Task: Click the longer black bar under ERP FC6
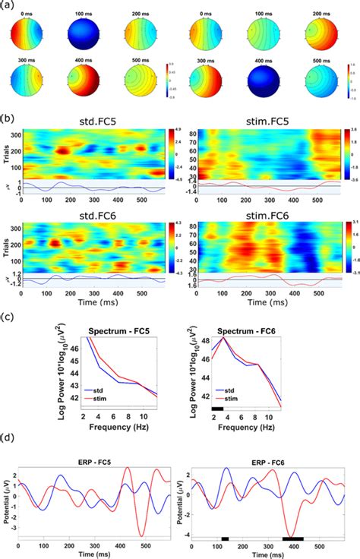(x=290, y=538)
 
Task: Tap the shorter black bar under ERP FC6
(x=225, y=538)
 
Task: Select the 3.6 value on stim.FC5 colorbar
(x=346, y=132)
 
